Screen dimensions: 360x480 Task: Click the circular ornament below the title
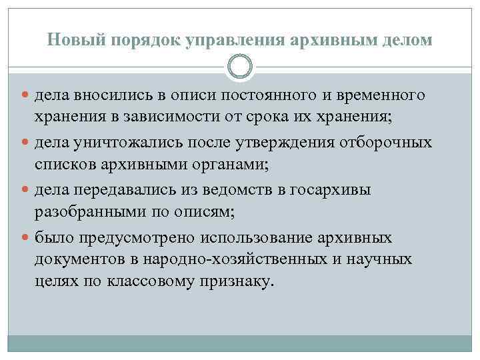click(x=240, y=67)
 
